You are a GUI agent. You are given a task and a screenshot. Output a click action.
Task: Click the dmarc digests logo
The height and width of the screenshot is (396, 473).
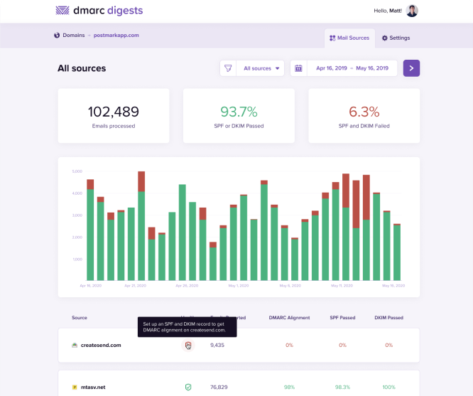coord(99,11)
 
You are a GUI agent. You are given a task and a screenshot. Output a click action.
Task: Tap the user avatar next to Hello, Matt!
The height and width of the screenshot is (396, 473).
coord(412,11)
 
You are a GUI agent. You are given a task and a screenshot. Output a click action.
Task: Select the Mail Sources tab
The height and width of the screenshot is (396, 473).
coord(349,38)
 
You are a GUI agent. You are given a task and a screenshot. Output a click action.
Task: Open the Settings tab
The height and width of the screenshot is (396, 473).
coord(396,38)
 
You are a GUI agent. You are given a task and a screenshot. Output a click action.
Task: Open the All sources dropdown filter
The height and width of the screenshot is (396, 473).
coord(261,68)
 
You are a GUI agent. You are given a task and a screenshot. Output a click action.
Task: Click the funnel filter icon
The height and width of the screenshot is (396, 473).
coord(228,68)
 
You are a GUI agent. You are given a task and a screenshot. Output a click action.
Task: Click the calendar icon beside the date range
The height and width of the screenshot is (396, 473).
coord(298,68)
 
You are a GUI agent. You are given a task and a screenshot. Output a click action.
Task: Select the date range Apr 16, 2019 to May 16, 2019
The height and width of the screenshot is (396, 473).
coord(352,68)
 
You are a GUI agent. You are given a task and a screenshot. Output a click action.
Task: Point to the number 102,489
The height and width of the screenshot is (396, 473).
coord(113,112)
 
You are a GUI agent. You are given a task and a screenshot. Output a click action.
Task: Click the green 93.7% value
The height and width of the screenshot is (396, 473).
coord(239,112)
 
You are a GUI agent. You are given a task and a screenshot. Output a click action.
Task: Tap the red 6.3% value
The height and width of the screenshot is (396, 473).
coord(364,112)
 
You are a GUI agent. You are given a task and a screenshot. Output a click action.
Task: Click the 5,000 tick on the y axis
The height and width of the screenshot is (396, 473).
coord(78,171)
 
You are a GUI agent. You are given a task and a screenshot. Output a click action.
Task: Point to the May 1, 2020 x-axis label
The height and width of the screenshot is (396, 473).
coord(239,285)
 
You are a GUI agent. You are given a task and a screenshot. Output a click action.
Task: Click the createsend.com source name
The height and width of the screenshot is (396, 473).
coord(100,345)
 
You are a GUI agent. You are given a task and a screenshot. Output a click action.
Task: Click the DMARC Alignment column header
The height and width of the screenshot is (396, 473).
coord(289,317)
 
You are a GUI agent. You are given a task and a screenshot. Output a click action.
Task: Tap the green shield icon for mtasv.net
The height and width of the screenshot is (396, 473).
coord(188,387)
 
